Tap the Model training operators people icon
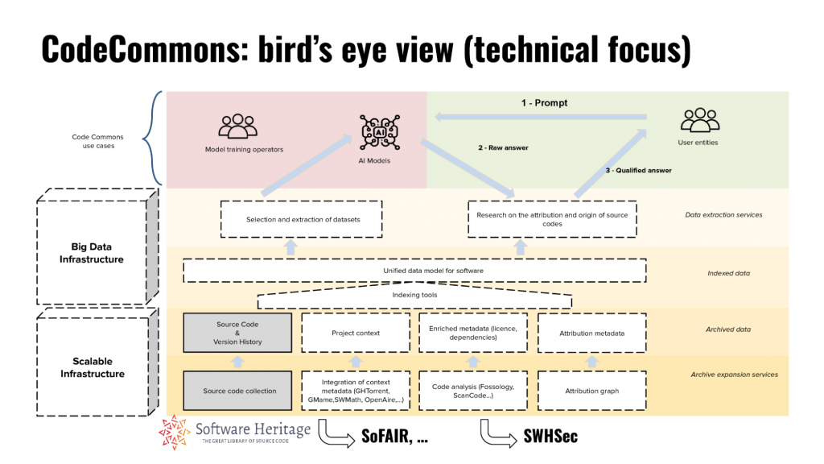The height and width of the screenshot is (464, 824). coord(237,126)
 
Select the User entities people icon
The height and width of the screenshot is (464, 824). coord(698,121)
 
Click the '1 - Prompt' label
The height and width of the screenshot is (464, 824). coord(544,103)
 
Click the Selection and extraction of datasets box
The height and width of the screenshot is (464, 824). coord(303,219)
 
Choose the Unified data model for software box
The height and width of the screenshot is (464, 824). coord(415,271)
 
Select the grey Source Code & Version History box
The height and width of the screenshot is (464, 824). coord(239,333)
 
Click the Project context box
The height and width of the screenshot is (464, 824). coord(356,333)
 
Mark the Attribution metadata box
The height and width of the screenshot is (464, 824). coord(591,333)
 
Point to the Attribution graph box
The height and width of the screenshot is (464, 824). coord(591,391)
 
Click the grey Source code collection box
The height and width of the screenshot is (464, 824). coord(239,391)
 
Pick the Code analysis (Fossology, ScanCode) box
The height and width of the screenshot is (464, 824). coord(473,391)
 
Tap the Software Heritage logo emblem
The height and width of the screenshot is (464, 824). coord(175,434)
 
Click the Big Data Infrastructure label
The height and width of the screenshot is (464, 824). coord(92,254)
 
